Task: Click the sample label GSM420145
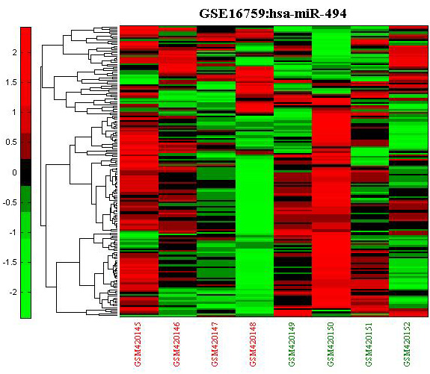click(x=138, y=344)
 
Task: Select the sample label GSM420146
click(x=176, y=344)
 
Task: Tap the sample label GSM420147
click(x=215, y=344)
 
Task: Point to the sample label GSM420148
click(x=253, y=344)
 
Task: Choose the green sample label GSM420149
click(x=292, y=344)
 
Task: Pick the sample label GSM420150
click(x=331, y=344)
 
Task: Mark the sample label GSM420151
click(x=369, y=344)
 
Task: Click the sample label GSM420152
click(x=408, y=344)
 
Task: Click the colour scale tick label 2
click(x=14, y=52)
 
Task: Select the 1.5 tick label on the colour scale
click(x=11, y=82)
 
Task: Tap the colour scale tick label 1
click(x=14, y=112)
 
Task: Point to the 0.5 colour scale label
click(x=11, y=143)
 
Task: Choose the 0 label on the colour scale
click(x=14, y=172)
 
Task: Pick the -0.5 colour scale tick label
click(x=10, y=202)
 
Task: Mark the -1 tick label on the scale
click(x=13, y=232)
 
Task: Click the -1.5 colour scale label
click(x=10, y=262)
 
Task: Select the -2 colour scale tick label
click(x=13, y=292)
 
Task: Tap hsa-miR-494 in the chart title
click(x=308, y=13)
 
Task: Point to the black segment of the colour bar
click(x=25, y=172)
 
